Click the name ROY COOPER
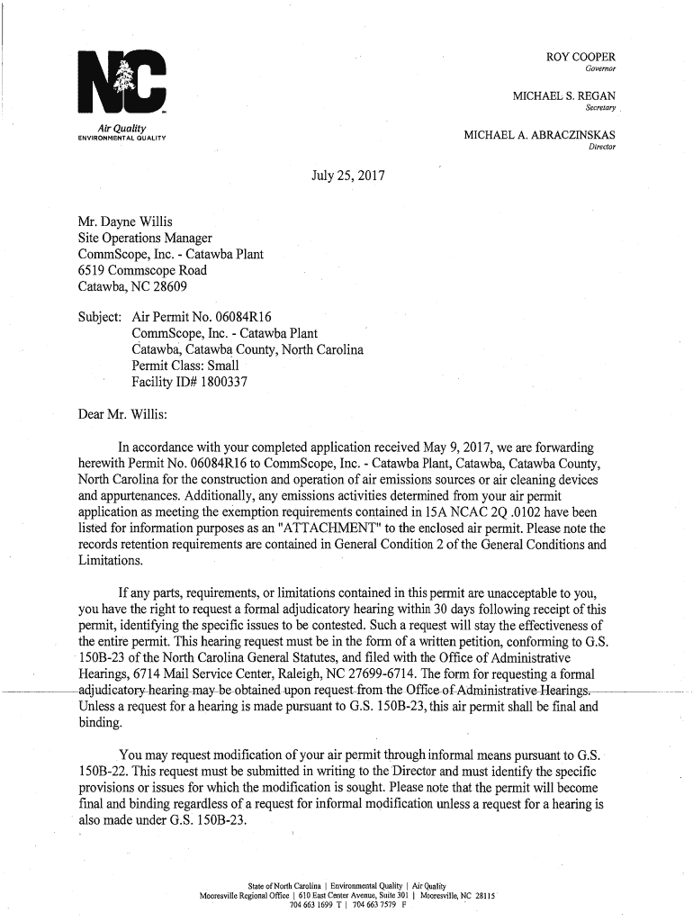[x=580, y=58]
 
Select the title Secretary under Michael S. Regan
[x=600, y=107]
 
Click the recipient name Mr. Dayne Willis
[x=126, y=221]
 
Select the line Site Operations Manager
[x=145, y=238]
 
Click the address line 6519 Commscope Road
[x=142, y=270]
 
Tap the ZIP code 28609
[x=169, y=286]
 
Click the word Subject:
[x=101, y=317]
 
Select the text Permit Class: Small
[x=185, y=366]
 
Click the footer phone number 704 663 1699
[x=305, y=904]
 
